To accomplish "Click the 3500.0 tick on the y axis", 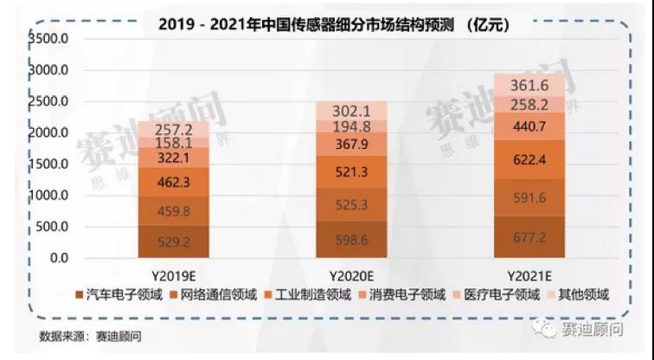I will pyautogui.click(x=48, y=39).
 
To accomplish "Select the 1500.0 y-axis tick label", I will pyautogui.click(x=48, y=164).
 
